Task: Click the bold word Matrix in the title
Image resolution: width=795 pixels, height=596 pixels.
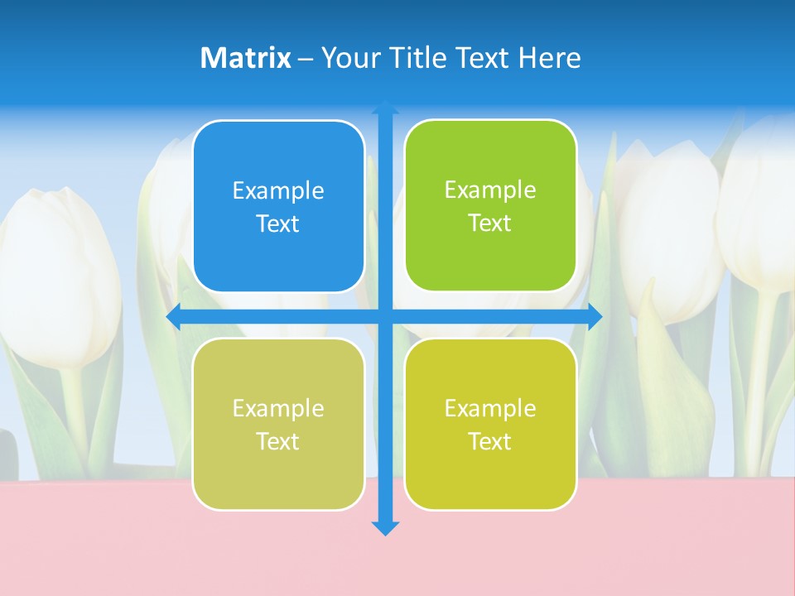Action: pyautogui.click(x=245, y=58)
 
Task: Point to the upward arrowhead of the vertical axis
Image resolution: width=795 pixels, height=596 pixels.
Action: pyautogui.click(x=385, y=107)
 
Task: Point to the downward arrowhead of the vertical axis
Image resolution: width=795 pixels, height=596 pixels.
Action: pyautogui.click(x=385, y=527)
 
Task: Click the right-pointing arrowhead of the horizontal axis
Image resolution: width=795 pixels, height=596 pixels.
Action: pyautogui.click(x=595, y=316)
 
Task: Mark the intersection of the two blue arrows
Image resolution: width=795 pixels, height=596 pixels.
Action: pyautogui.click(x=385, y=316)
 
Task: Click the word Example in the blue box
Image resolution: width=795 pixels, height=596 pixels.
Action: pyautogui.click(x=278, y=190)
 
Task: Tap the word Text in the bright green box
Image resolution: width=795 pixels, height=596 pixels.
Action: pyautogui.click(x=489, y=223)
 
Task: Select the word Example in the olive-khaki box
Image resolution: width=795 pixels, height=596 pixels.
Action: pyautogui.click(x=278, y=408)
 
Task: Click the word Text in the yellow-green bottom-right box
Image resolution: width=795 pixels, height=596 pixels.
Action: pyautogui.click(x=489, y=441)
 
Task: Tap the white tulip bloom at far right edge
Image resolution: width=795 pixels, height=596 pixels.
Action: pyautogui.click(x=758, y=207)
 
